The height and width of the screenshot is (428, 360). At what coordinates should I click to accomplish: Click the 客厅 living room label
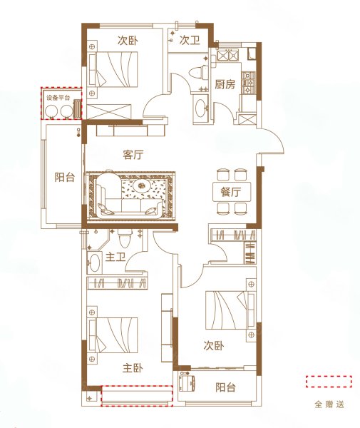pyautogui.click(x=134, y=155)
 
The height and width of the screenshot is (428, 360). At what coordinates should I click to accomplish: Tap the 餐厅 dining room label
pyautogui.click(x=229, y=191)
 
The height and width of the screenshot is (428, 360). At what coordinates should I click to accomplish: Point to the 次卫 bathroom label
pyautogui.click(x=189, y=41)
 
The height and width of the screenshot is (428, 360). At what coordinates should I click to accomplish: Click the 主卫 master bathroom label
pyautogui.click(x=115, y=258)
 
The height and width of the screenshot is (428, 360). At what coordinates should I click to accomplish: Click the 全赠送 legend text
pyautogui.click(x=329, y=404)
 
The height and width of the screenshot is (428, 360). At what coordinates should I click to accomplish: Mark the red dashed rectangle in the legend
pyautogui.click(x=329, y=382)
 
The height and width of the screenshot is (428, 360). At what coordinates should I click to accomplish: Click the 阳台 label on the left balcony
pyautogui.click(x=65, y=178)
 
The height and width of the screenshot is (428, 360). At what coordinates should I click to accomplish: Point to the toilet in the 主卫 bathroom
pyautogui.click(x=124, y=238)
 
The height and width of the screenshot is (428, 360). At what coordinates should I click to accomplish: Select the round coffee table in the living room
pyautogui.click(x=141, y=187)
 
